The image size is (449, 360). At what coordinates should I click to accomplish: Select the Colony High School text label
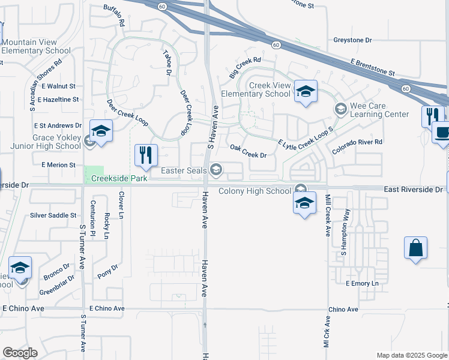click(x=255, y=191)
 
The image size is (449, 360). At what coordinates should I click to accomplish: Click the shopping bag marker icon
click(x=415, y=248)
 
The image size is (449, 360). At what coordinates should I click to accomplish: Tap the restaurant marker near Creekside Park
click(x=146, y=156)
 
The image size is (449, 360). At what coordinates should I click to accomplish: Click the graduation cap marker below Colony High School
click(x=304, y=203)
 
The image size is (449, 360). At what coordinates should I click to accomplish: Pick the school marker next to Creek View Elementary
click(x=306, y=92)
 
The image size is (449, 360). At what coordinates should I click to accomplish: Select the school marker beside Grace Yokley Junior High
click(x=101, y=131)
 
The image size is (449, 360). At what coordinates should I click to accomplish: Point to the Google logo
click(x=20, y=353)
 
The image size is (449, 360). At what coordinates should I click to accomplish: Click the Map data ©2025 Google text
click(x=412, y=355)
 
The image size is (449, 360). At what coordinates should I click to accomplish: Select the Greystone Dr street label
click(x=352, y=40)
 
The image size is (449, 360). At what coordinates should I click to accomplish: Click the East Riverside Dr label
click(x=413, y=190)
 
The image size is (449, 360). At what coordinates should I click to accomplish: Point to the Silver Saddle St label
click(x=53, y=215)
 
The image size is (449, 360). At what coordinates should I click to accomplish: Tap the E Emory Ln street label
click(x=363, y=283)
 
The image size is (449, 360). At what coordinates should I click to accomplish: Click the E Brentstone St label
click(x=373, y=67)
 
